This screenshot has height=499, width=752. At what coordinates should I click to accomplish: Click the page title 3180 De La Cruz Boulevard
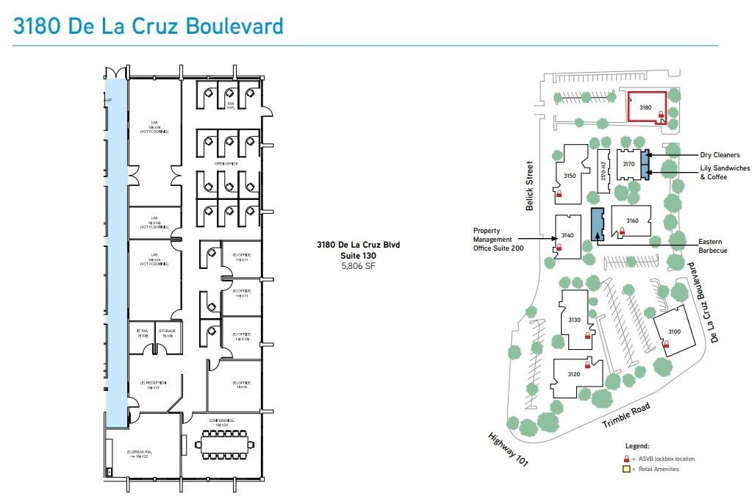click(148, 26)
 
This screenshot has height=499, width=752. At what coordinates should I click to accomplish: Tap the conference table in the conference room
click(223, 444)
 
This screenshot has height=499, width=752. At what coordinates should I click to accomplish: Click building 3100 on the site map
click(674, 332)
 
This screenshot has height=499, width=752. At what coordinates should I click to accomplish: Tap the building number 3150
click(569, 176)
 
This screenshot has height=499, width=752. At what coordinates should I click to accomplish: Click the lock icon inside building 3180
click(661, 115)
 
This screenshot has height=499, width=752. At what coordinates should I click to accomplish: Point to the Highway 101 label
click(508, 448)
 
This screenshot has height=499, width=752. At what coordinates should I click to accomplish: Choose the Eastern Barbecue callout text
click(712, 246)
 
